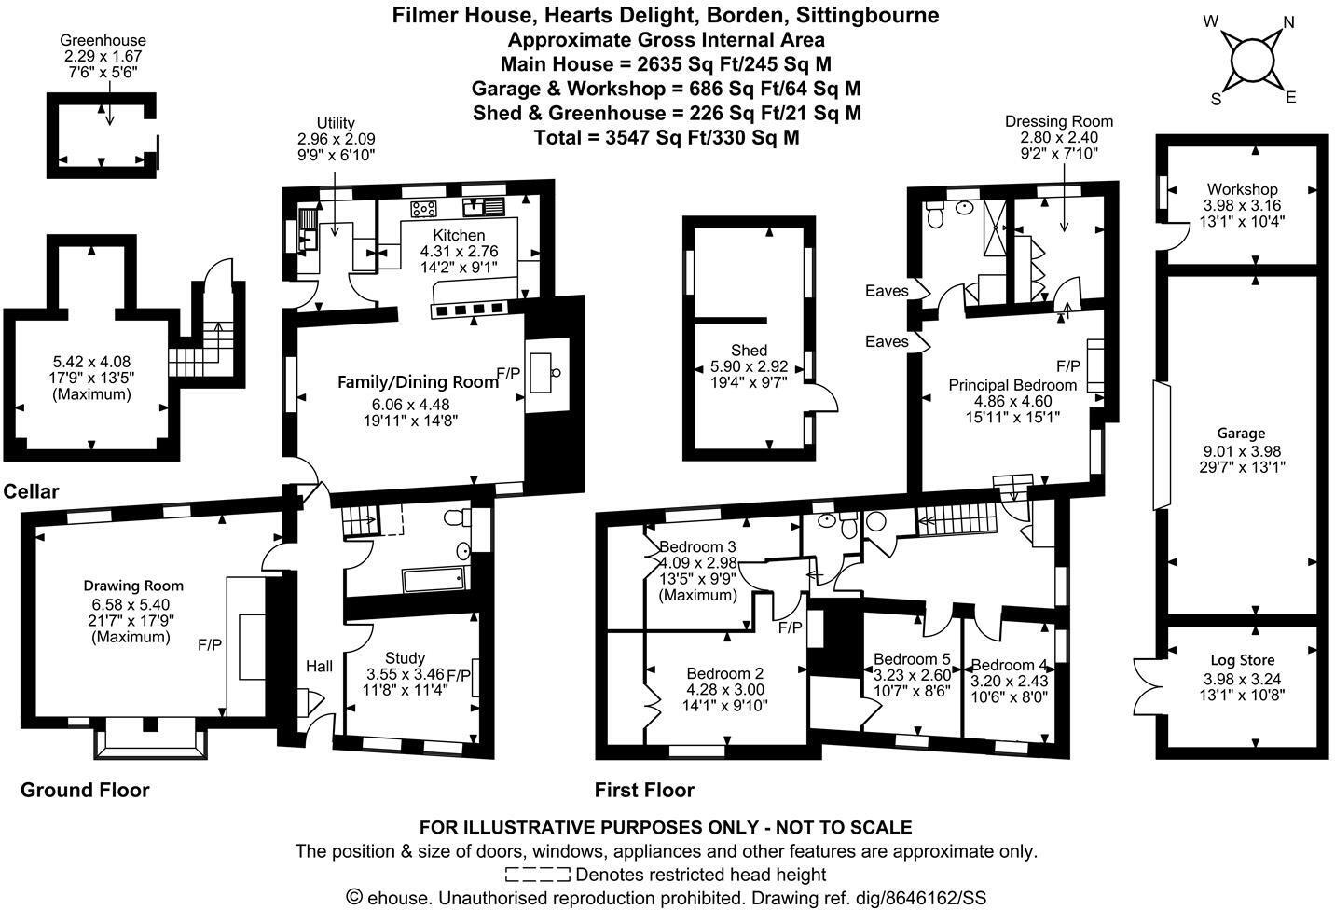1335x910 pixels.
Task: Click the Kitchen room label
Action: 459,235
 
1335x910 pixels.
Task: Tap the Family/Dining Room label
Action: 418,381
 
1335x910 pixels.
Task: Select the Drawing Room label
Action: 133,586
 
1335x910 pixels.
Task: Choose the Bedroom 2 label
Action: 724,673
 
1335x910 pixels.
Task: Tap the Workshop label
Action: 1242,189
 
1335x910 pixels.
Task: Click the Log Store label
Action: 1242,660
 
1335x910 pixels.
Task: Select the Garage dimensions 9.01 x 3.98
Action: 1242,450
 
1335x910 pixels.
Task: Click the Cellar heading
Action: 31,491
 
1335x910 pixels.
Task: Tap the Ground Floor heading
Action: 85,790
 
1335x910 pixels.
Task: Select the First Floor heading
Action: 644,791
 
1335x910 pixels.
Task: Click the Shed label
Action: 749,351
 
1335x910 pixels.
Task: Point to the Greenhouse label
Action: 103,41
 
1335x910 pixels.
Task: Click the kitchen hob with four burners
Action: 424,208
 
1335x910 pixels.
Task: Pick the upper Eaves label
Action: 886,291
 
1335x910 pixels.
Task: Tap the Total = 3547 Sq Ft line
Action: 666,137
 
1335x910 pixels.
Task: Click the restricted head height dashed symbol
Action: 538,875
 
